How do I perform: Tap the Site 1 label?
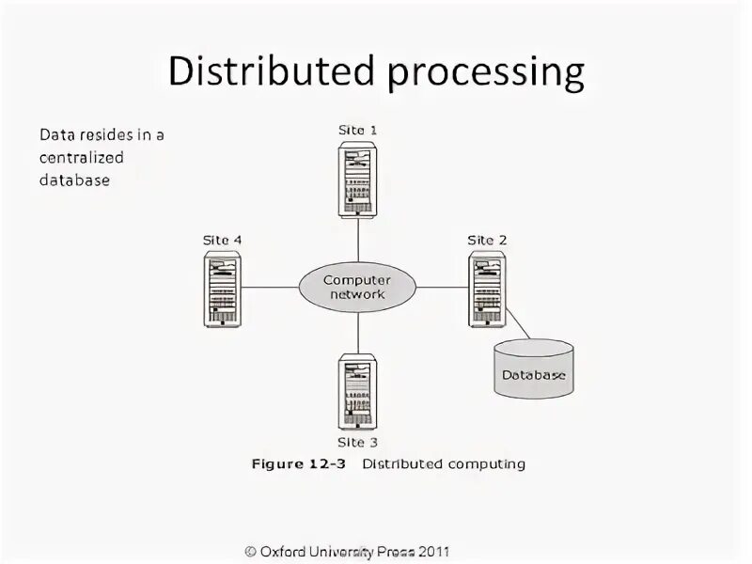tap(357, 130)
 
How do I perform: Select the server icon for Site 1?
tap(357, 179)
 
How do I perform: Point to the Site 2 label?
tap(487, 240)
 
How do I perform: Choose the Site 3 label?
tap(357, 442)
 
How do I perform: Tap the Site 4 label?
tap(223, 240)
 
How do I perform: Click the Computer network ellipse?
tap(357, 287)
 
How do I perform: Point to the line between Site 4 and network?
tap(270, 287)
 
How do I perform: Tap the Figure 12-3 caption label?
tap(299, 464)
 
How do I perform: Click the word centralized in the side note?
tap(82, 157)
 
